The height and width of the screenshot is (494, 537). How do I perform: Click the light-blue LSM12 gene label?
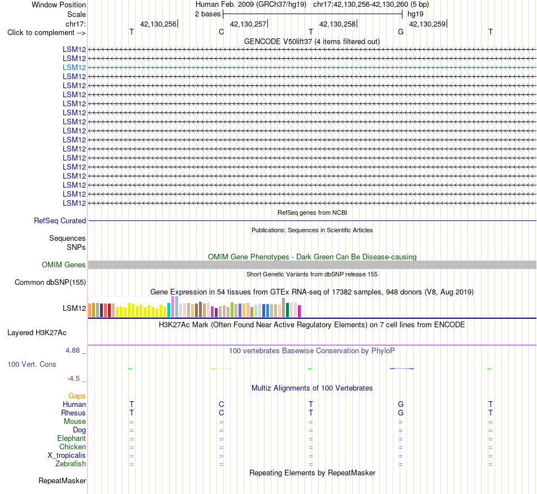click(74, 67)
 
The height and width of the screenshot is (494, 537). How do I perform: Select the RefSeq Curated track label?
click(60, 221)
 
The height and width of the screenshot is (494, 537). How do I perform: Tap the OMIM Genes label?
click(64, 265)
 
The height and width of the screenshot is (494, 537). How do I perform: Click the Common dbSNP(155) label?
click(50, 283)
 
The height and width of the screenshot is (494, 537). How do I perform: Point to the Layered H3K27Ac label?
click(37, 333)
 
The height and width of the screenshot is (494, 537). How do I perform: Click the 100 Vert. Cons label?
click(32, 364)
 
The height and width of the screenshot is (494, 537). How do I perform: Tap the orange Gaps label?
click(77, 396)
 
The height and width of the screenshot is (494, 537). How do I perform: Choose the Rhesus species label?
click(73, 413)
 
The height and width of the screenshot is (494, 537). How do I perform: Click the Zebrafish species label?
click(71, 464)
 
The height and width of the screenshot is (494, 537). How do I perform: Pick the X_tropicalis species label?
click(67, 456)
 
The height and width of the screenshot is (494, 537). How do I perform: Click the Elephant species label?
click(72, 438)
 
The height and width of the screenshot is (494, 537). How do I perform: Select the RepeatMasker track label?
click(62, 480)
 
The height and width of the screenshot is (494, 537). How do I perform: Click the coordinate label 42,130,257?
click(248, 24)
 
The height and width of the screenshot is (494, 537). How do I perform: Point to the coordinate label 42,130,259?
click(427, 24)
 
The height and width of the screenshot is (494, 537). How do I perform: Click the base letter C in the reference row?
click(221, 32)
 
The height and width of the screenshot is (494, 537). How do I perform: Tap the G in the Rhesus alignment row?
click(401, 413)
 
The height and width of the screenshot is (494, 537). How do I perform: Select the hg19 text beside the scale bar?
click(415, 14)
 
